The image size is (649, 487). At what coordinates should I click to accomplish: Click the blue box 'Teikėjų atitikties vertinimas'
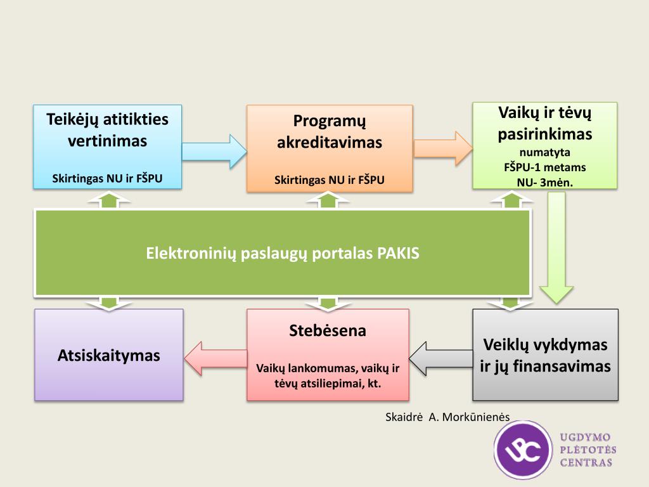pyautogui.click(x=107, y=146)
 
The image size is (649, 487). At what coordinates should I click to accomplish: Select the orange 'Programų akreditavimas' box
pyautogui.click(x=329, y=148)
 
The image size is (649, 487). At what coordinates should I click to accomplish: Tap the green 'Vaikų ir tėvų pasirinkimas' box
pyautogui.click(x=544, y=145)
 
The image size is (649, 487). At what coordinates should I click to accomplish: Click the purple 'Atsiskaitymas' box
pyautogui.click(x=109, y=354)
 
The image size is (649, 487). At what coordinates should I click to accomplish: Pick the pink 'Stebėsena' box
pyautogui.click(x=328, y=354)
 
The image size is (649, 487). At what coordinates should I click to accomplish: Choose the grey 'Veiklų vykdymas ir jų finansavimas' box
pyautogui.click(x=545, y=354)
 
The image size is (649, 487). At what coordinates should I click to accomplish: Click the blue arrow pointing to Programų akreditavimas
pyautogui.click(x=214, y=151)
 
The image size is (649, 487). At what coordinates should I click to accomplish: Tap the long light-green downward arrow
pyautogui.click(x=556, y=247)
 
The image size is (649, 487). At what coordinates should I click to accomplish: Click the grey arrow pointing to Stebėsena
pyautogui.click(x=440, y=358)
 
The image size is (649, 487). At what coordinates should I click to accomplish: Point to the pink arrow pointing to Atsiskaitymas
pyautogui.click(x=215, y=358)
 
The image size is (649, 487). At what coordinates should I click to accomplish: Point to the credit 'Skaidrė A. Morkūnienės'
pyautogui.click(x=447, y=417)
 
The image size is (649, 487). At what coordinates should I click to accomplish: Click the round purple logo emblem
pyautogui.click(x=524, y=450)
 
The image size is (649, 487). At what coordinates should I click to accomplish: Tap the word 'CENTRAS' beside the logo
pyautogui.click(x=586, y=462)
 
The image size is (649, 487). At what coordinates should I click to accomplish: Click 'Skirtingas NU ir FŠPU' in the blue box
pyautogui.click(x=107, y=179)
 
